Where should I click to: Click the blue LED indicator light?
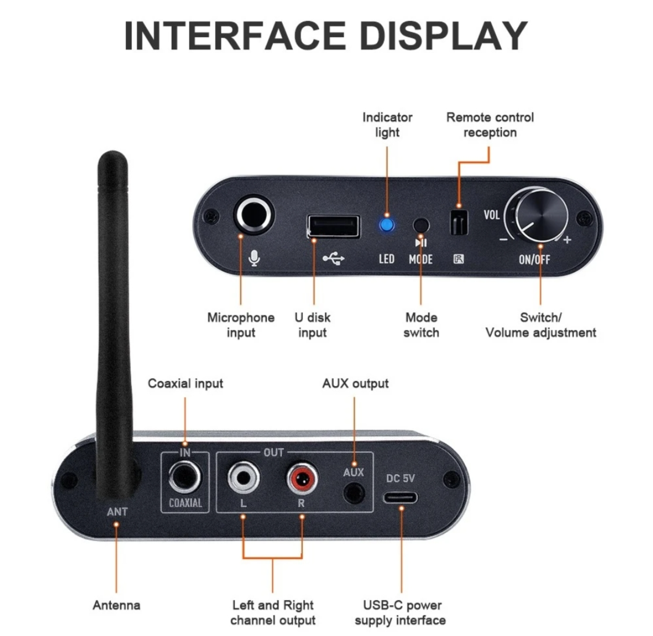click(387, 226)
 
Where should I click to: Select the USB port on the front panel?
click(334, 226)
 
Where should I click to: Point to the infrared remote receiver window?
click(459, 222)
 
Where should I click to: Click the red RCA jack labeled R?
click(302, 478)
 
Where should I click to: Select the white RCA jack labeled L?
click(244, 478)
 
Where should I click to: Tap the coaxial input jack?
click(185, 478)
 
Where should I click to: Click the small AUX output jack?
click(354, 494)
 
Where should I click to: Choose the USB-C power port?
click(400, 497)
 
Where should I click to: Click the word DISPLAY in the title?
click(443, 35)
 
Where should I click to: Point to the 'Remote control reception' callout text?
click(490, 125)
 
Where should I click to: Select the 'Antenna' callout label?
click(116, 605)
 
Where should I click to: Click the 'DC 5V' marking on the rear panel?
click(400, 478)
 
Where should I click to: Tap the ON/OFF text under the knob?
click(535, 260)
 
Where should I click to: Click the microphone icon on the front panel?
click(254, 258)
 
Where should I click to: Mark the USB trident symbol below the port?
click(334, 259)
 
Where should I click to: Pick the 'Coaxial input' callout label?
click(185, 383)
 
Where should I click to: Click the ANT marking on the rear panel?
click(117, 511)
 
